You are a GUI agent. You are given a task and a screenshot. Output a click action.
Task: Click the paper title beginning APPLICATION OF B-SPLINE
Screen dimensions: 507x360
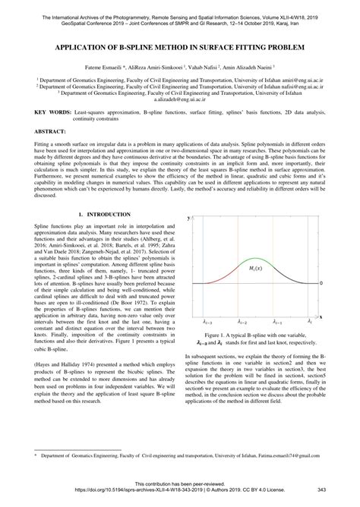[x=180, y=46]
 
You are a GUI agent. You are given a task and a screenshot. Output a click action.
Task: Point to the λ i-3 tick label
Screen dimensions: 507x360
[x=203, y=322]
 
